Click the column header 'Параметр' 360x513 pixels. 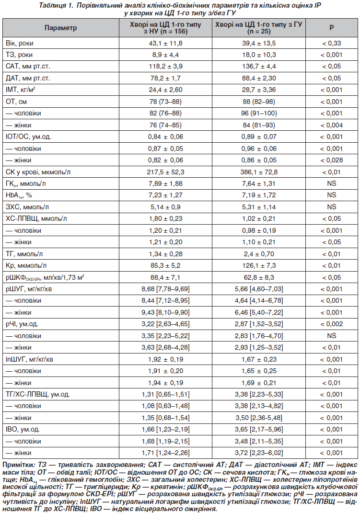click(x=60, y=28)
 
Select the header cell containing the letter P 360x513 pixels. click(x=332, y=28)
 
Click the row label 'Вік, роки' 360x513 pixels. click(x=20, y=43)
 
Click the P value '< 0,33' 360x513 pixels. click(x=332, y=43)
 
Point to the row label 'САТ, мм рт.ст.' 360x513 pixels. click(x=28, y=66)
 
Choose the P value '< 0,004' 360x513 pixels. click(x=332, y=125)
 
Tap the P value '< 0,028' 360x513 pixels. click(x=332, y=160)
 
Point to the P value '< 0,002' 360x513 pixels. click(x=332, y=323)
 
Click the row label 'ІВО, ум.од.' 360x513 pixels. click(x=23, y=429)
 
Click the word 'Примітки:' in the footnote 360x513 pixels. click(x=19, y=465)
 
